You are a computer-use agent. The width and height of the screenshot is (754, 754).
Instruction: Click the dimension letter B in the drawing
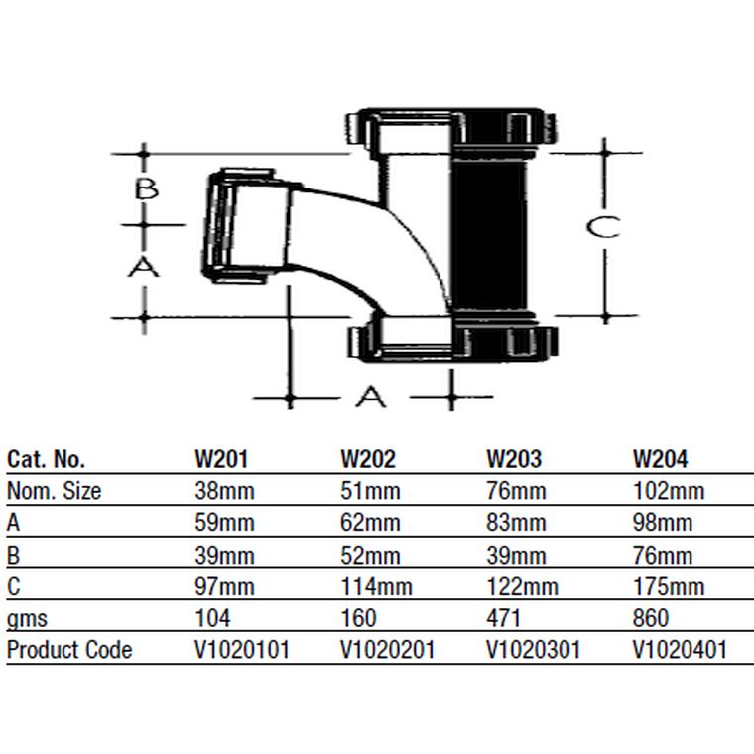click(146, 188)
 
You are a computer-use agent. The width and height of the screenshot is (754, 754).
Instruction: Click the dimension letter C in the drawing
click(603, 227)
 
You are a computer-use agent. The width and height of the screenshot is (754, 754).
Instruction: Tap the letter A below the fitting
click(371, 396)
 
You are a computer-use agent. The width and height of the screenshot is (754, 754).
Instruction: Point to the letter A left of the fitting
click(143, 267)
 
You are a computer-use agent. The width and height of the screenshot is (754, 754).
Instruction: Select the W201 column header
click(221, 459)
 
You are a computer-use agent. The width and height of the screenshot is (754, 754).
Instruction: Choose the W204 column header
click(660, 459)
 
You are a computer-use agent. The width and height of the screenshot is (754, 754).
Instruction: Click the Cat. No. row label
click(47, 459)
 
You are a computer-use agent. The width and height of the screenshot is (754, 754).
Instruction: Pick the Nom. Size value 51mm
click(370, 491)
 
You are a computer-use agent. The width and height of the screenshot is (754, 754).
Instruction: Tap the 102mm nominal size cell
click(669, 491)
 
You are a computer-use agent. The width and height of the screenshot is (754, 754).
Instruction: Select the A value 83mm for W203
click(516, 523)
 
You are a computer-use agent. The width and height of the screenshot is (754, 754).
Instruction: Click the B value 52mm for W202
click(370, 556)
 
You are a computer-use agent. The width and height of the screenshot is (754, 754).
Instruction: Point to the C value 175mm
click(669, 586)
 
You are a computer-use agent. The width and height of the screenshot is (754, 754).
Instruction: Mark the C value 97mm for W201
click(224, 586)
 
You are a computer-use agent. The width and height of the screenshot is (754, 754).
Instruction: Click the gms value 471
click(503, 618)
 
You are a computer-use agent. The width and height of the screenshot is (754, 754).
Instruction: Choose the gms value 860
click(651, 618)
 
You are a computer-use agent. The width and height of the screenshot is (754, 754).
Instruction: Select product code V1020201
click(388, 650)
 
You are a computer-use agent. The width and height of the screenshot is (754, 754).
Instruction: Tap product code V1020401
click(680, 650)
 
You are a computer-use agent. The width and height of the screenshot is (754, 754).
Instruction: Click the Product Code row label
click(69, 650)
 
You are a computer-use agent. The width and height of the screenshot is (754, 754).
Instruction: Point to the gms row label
click(27, 619)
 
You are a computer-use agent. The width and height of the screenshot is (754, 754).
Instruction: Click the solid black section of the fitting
click(489, 236)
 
